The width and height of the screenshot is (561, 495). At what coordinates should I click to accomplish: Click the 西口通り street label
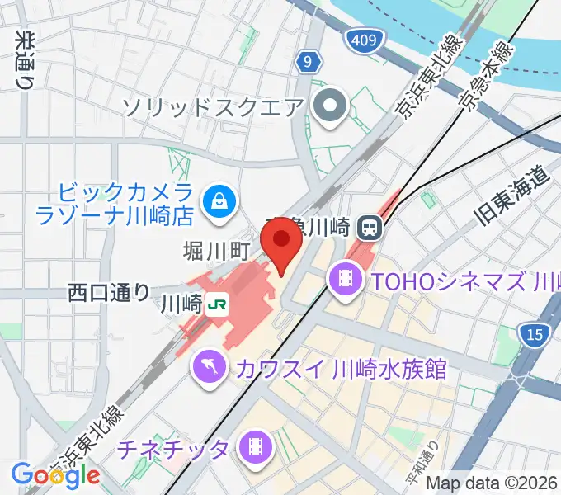(109, 291)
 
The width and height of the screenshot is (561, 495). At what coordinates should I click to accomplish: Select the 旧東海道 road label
(513, 196)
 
